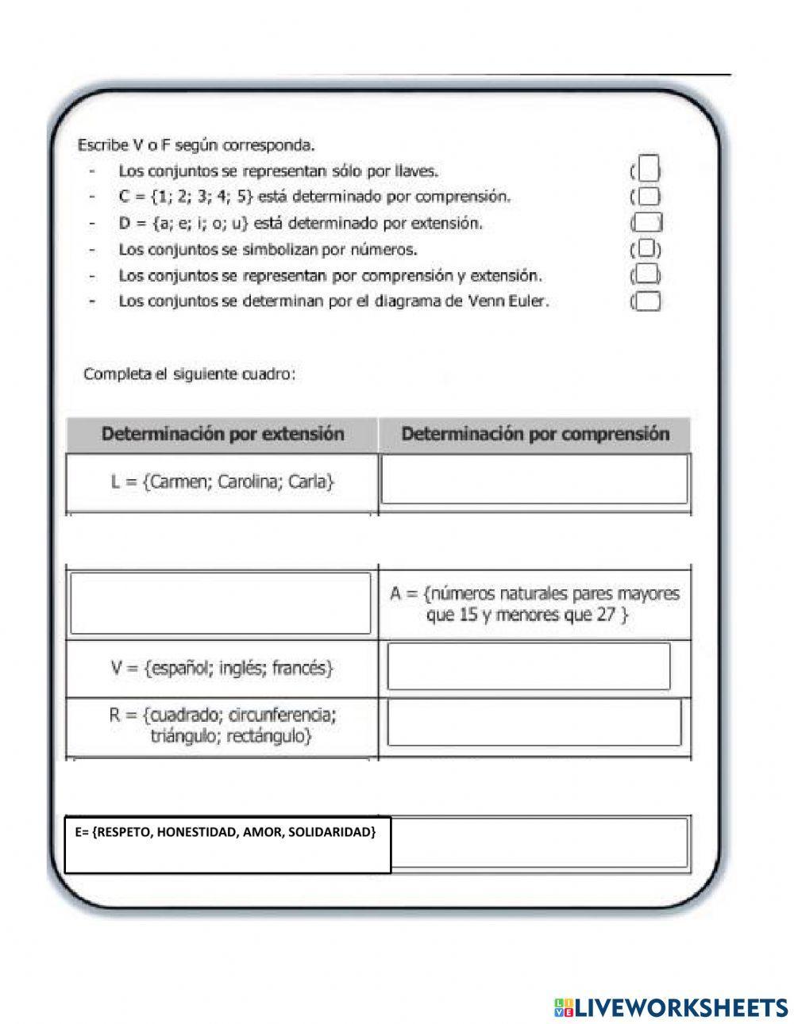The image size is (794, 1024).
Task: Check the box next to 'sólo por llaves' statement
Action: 649,169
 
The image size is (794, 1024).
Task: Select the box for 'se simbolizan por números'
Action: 647,249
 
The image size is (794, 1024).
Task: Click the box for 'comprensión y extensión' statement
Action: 647,275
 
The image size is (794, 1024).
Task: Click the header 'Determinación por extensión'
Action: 222,434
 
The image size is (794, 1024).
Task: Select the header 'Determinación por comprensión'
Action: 535,434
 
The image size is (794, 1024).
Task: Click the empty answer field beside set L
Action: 534,479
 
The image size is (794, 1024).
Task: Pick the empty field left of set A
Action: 221,603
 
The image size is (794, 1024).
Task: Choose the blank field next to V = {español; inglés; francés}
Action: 529,666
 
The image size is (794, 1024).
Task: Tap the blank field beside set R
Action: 534,722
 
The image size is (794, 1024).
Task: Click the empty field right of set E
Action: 540,842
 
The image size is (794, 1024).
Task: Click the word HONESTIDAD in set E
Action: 193,832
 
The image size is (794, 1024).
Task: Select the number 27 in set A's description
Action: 606,615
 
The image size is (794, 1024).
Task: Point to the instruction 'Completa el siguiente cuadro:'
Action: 190,374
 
